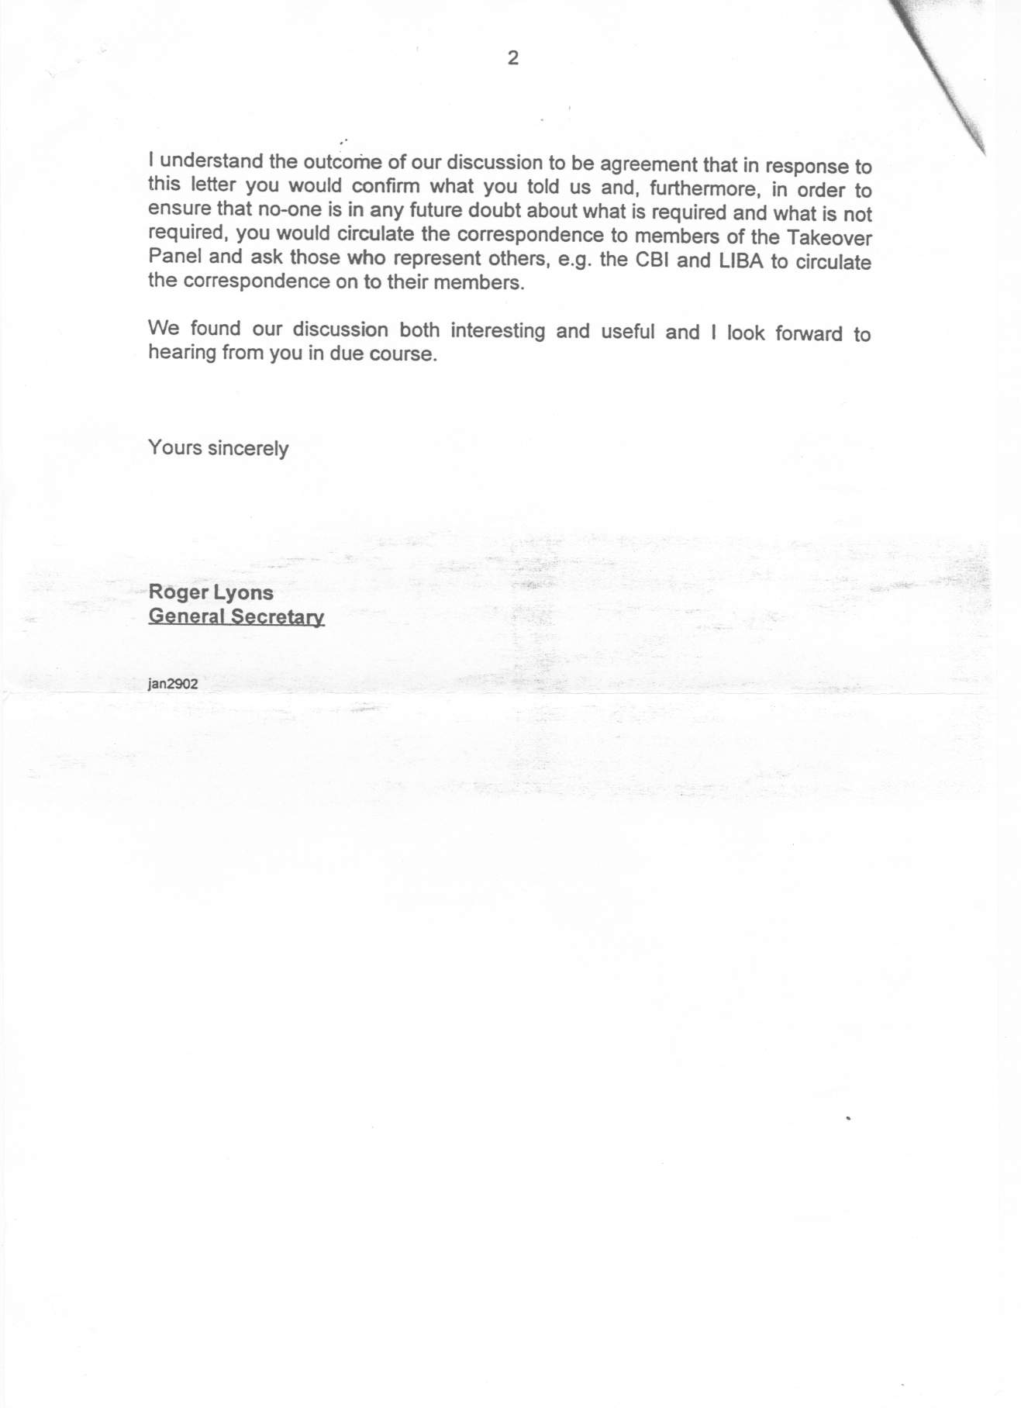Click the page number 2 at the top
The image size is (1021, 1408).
[x=512, y=58]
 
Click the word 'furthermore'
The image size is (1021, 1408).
[x=700, y=188]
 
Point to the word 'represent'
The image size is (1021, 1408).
[x=443, y=258]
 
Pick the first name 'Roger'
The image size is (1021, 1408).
[x=174, y=593]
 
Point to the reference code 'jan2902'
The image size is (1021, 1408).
[x=173, y=685]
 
